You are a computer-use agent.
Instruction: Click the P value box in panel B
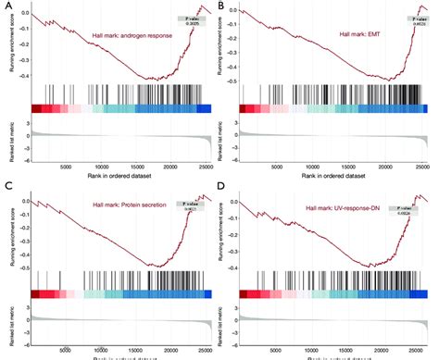pos(409,20)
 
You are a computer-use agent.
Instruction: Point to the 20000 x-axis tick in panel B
pos(379,167)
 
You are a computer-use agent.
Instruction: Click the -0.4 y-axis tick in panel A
pos(24,76)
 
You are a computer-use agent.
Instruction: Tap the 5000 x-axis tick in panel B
pos(275,167)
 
